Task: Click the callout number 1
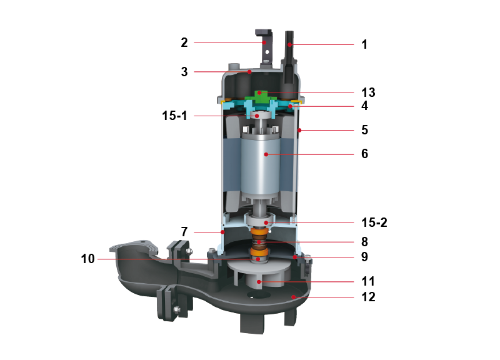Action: point(364,44)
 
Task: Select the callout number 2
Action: point(184,42)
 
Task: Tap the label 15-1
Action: point(174,116)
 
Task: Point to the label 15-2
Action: point(374,222)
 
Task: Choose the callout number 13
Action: point(368,92)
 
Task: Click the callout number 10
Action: point(87,259)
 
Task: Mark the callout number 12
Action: point(368,297)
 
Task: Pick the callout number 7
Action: point(184,232)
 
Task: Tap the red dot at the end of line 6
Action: point(266,154)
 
